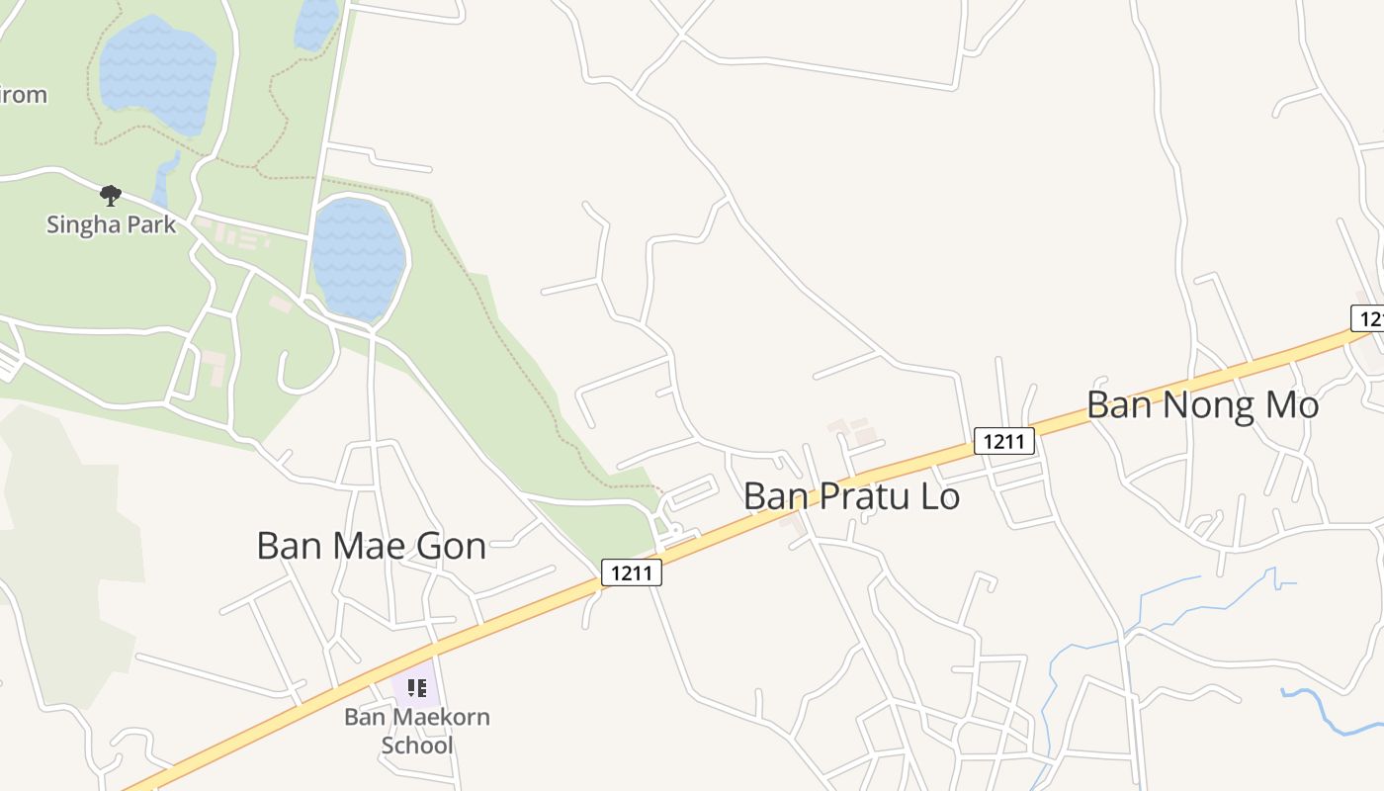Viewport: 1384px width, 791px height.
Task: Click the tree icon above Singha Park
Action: (111, 194)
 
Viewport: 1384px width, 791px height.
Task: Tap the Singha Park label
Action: (112, 224)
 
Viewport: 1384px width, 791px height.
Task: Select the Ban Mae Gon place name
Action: (371, 546)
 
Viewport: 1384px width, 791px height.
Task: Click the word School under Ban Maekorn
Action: (417, 745)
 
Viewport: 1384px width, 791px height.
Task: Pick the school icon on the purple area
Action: (417, 687)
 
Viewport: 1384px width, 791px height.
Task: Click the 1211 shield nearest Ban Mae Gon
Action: (631, 572)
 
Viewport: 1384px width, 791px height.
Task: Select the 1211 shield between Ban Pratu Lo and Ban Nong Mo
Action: (1003, 441)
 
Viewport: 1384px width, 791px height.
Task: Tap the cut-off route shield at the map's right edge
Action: (1368, 318)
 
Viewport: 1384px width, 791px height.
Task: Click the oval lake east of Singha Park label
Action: (358, 259)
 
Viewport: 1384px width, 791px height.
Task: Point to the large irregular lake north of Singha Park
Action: (158, 74)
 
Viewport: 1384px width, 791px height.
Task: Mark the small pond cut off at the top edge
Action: (316, 22)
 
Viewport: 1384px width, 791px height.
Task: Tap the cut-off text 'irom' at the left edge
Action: (23, 95)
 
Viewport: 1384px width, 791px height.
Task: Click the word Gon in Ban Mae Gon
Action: (449, 546)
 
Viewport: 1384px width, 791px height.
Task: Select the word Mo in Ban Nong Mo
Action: (1289, 405)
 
